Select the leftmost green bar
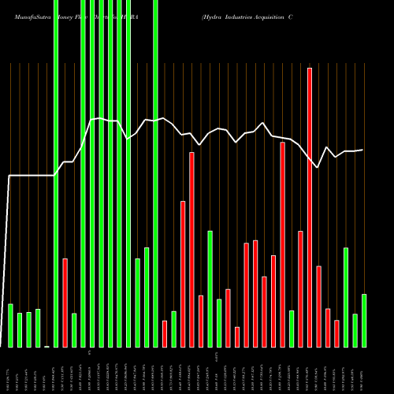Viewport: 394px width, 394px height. tap(10, 325)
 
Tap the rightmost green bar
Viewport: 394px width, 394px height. tap(363, 320)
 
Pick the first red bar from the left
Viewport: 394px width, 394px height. tap(65, 303)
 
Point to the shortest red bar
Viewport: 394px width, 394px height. tap(237, 336)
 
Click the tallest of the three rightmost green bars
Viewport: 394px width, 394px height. tap(345, 297)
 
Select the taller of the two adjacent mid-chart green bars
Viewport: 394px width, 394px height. tap(147, 297)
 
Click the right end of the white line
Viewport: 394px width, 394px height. tap(362, 150)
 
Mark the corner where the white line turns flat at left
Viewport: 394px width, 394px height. tap(10, 176)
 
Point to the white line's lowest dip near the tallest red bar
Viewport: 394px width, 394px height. tap(318, 167)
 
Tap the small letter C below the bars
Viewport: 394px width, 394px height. tap(90, 352)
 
